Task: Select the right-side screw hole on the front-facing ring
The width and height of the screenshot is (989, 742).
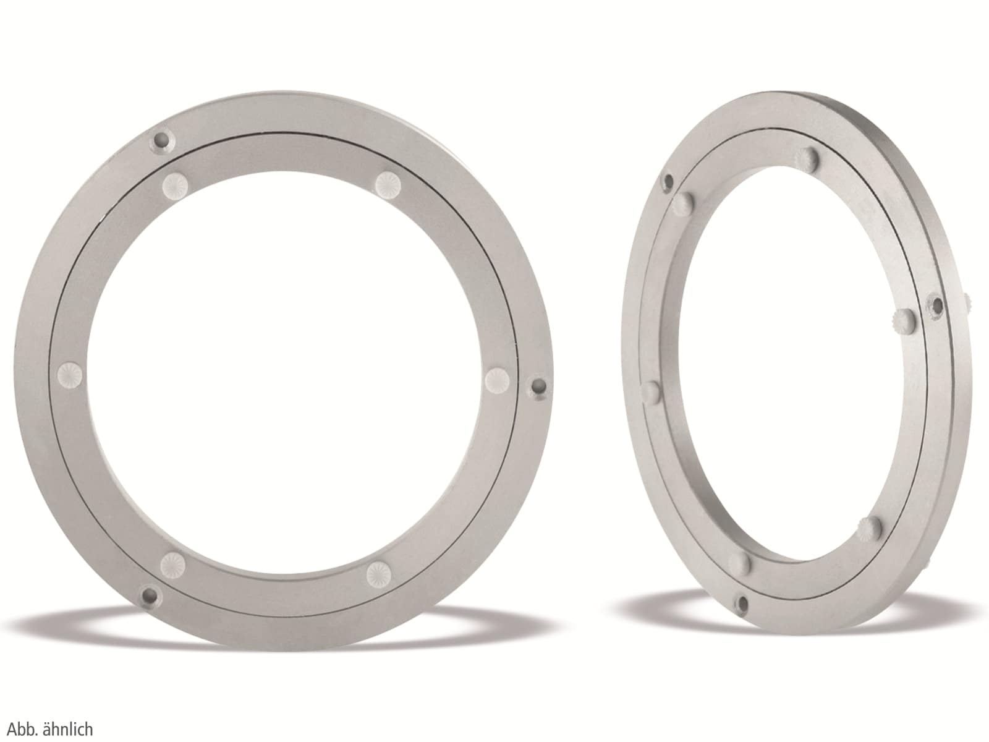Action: click(540, 388)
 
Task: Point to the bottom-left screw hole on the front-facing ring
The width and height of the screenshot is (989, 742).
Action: click(149, 596)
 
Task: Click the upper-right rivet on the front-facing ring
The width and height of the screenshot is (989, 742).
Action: click(388, 183)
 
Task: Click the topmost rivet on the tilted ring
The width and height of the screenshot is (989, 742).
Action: click(810, 160)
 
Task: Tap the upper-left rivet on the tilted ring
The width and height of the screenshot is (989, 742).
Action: click(683, 202)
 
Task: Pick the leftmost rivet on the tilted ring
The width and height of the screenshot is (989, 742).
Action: click(651, 392)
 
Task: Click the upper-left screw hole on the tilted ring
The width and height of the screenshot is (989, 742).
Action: click(667, 181)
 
